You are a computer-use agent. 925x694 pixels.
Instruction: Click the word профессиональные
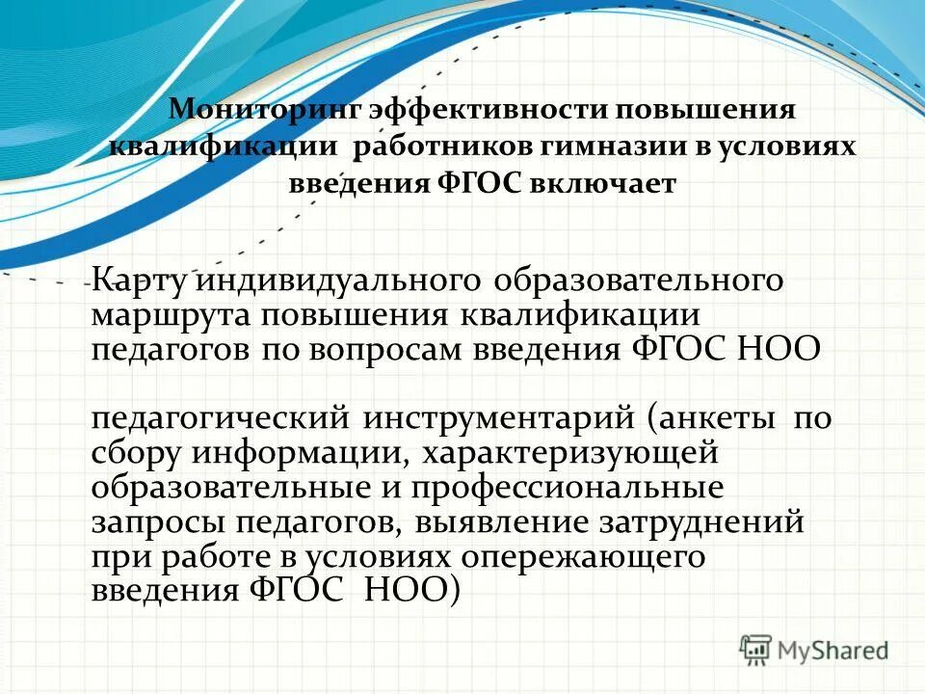tap(567, 487)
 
